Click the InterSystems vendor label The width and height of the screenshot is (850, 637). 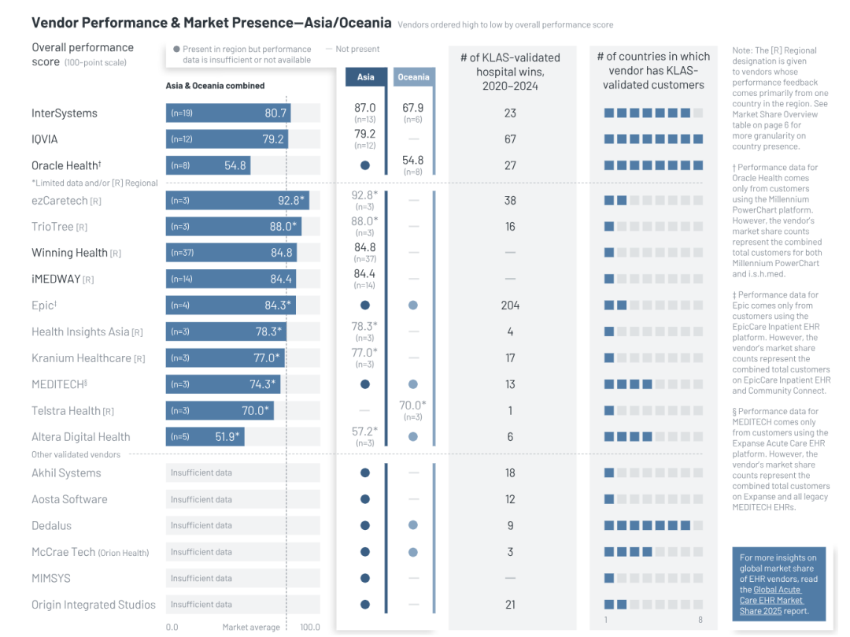65,113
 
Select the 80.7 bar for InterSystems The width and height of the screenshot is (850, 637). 228,113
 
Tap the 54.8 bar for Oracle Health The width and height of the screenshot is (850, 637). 208,166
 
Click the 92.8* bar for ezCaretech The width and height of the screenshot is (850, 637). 237,201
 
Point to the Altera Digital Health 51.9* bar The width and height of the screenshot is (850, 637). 205,437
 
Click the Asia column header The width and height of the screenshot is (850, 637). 366,77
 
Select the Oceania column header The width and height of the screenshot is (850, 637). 413,77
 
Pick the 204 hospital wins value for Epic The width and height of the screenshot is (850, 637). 510,306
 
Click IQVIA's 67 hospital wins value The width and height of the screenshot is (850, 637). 510,139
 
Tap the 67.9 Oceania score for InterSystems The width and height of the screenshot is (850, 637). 413,108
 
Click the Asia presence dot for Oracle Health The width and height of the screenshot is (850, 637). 365,166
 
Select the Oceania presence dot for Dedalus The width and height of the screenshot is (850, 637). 413,526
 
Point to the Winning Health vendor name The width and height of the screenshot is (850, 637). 69,253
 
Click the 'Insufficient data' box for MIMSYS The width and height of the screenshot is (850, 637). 243,579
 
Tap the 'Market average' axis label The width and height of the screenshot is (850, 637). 251,628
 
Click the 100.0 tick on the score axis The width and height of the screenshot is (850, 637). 310,628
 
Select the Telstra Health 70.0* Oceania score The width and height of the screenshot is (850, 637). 413,406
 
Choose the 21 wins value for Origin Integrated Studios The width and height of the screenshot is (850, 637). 510,605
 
